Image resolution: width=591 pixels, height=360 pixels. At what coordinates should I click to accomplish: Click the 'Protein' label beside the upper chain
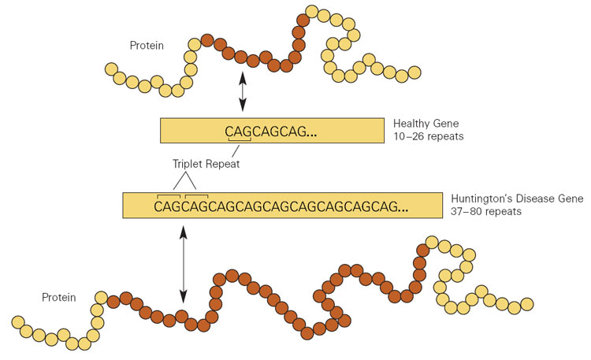coord(147,46)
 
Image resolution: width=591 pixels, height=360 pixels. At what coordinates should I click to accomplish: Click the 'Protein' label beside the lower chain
coord(59,297)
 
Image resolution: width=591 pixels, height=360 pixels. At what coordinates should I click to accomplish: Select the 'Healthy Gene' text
coord(426,124)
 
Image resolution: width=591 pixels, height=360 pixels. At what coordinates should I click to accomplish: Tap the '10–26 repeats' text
coord(428,137)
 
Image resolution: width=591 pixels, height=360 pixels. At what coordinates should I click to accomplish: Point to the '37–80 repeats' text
coord(485,212)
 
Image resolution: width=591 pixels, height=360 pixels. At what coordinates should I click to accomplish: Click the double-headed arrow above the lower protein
coord(184,265)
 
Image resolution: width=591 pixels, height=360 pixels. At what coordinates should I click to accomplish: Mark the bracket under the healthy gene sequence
coord(240,142)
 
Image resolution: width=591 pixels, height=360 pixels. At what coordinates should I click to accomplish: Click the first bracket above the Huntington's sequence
coord(169,195)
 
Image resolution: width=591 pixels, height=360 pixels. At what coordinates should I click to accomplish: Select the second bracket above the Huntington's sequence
coord(196,195)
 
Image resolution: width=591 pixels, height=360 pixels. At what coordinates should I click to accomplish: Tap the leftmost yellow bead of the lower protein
coord(17,322)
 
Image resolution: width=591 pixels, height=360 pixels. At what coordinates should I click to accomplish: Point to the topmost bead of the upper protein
coord(313,12)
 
